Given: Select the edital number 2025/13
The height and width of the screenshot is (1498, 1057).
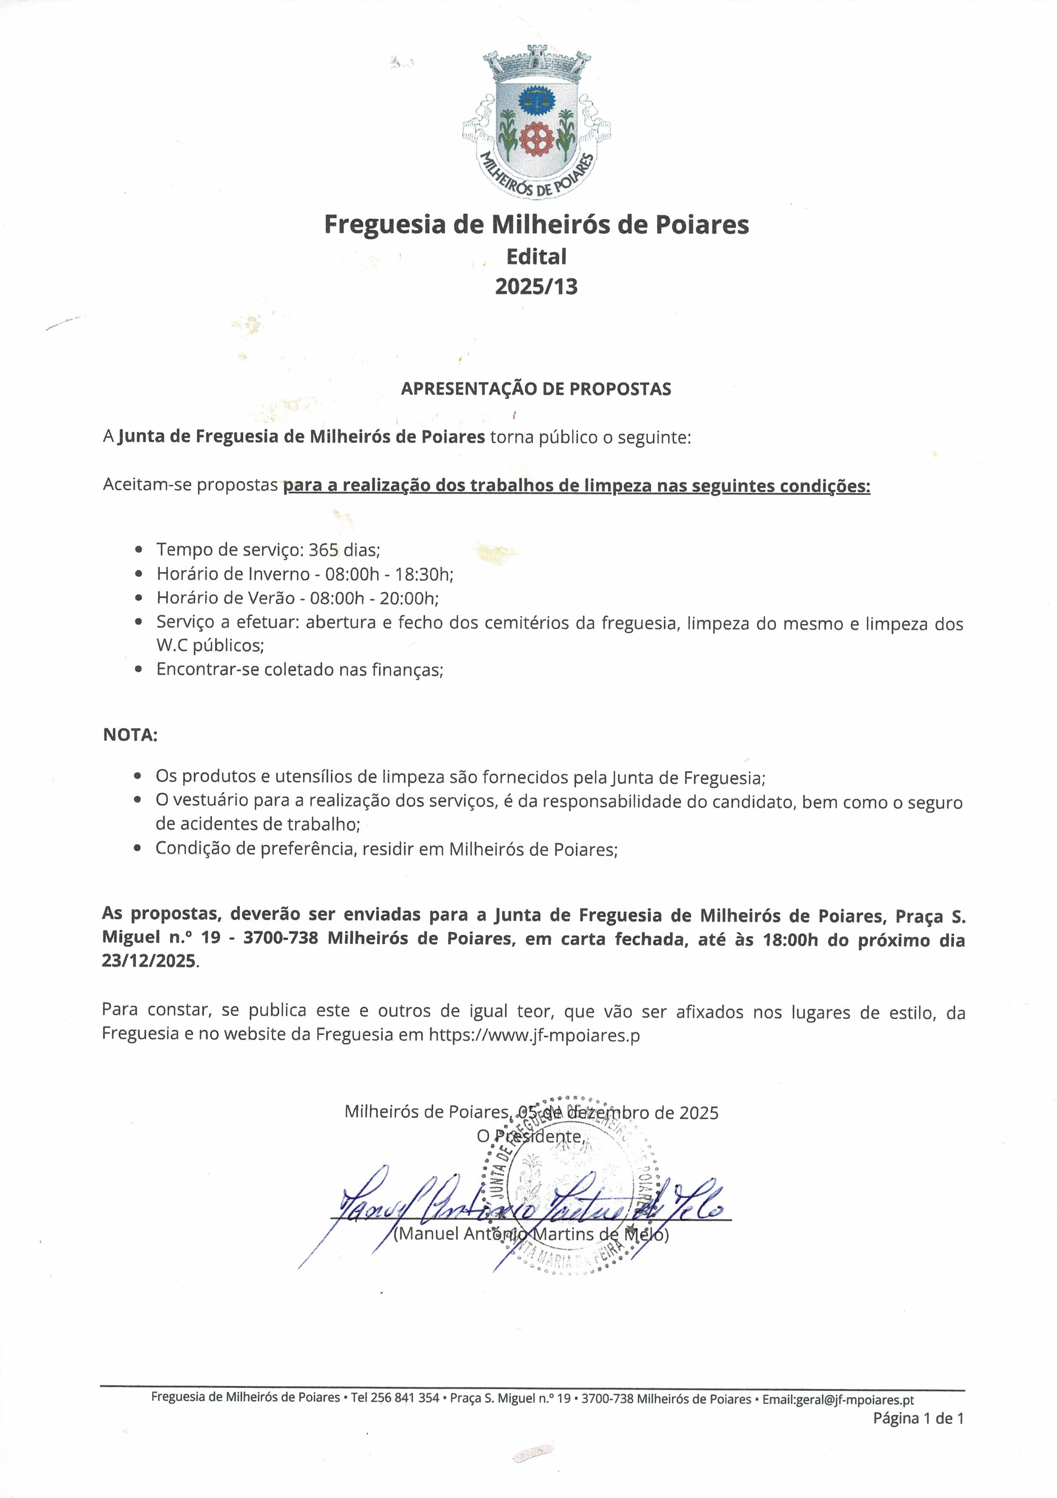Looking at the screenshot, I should click(536, 286).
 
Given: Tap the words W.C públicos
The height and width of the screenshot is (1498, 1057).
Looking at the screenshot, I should click(210, 645).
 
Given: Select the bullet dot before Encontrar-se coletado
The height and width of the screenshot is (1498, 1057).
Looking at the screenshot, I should click(138, 669).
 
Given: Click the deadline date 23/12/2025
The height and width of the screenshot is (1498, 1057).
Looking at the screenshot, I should click(149, 961).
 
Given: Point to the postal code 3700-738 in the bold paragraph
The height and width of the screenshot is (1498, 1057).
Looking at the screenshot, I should click(281, 938).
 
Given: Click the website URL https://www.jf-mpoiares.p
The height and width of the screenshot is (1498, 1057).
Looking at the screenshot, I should click(534, 1035).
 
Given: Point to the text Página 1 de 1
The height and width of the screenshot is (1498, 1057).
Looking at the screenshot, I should click(918, 1418).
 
